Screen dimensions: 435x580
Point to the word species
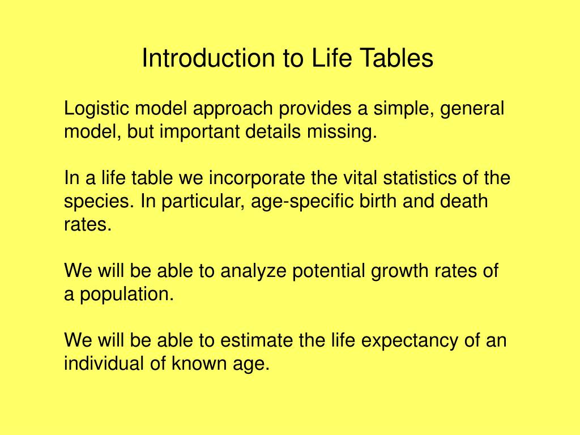point(97,202)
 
